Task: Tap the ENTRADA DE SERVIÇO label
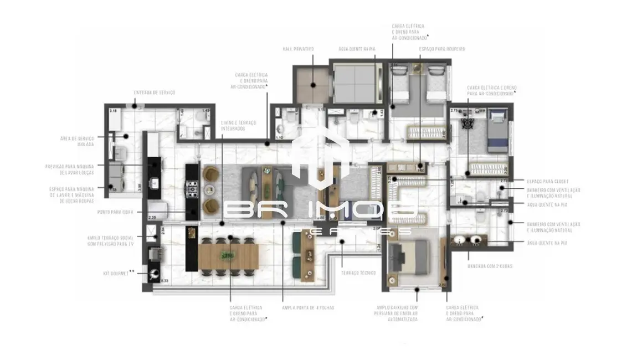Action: [x=154, y=92]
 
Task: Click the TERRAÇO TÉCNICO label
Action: [x=358, y=273]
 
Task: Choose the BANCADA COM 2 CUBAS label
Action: [x=490, y=266]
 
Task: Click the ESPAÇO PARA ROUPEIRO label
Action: [x=441, y=49]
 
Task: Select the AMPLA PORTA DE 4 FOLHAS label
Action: [x=308, y=307]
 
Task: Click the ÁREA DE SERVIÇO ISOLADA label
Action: [x=78, y=141]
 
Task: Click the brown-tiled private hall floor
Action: [x=312, y=85]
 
